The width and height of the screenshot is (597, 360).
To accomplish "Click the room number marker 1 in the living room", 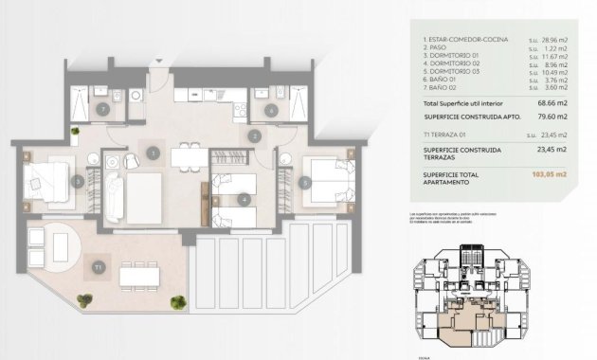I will click(152, 152).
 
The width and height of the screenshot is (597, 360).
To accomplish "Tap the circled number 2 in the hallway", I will click(255, 135).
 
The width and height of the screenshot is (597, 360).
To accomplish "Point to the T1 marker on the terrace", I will click(98, 268).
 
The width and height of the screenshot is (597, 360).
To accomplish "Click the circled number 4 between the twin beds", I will click(244, 199).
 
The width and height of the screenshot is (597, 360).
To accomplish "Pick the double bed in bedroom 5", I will click(332, 179).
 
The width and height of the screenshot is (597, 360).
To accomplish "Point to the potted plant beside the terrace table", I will click(177, 303).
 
